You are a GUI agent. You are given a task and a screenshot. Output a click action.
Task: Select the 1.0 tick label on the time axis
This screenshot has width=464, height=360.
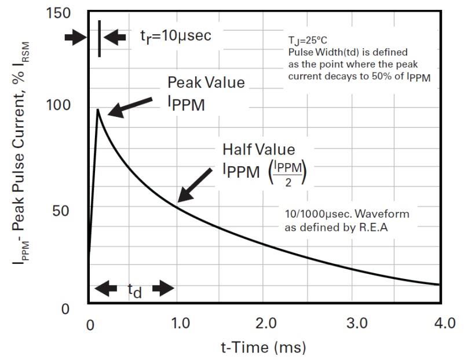tap(181, 323)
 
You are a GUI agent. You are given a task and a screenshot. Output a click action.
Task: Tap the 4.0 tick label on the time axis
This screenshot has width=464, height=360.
tap(445, 323)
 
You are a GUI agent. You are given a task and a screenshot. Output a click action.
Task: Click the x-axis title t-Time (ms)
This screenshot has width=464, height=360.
tap(264, 348)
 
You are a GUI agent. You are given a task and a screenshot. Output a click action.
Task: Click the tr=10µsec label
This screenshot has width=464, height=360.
tap(176, 36)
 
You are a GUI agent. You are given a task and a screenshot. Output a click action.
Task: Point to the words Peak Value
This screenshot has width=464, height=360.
tap(206, 82)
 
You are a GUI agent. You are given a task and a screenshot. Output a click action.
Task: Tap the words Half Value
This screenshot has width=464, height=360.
tap(258, 149)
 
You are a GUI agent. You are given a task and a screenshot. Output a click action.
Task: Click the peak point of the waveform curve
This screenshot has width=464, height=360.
tap(98, 109)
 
